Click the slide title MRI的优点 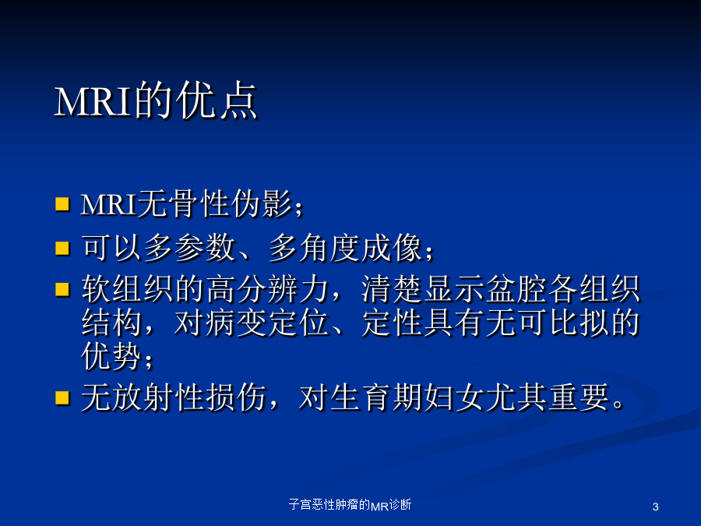point(156,101)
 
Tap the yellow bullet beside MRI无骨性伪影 point(62,203)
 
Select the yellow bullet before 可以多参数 point(62,248)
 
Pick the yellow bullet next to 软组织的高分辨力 point(62,289)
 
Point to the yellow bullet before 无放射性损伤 point(62,397)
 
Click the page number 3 point(655,507)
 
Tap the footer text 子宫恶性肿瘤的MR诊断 point(350,505)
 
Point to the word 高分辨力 point(268,289)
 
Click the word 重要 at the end point(579,397)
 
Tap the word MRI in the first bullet point(108,205)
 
